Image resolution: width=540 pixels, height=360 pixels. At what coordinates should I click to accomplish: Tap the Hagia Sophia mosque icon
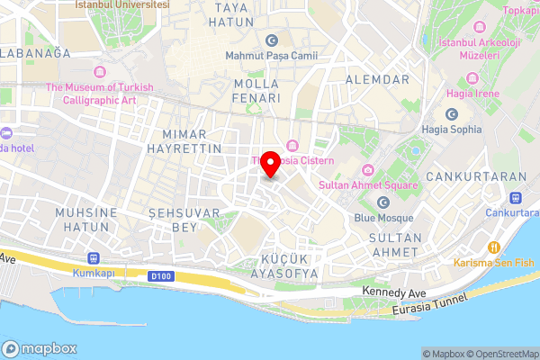tap(452, 114)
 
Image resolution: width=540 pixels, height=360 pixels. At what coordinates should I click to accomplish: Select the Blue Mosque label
tap(384, 218)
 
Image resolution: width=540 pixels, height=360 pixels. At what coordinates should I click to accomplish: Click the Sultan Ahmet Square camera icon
tap(368, 171)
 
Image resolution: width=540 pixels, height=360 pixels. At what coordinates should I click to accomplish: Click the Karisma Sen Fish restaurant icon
tap(493, 247)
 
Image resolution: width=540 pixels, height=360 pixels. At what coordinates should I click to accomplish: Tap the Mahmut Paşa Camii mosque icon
tap(271, 40)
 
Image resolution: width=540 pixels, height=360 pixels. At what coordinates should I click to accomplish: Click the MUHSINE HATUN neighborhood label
tap(86, 220)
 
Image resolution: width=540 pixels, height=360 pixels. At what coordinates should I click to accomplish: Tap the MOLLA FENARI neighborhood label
tap(256, 89)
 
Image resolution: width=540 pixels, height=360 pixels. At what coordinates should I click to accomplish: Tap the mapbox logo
tap(40, 348)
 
